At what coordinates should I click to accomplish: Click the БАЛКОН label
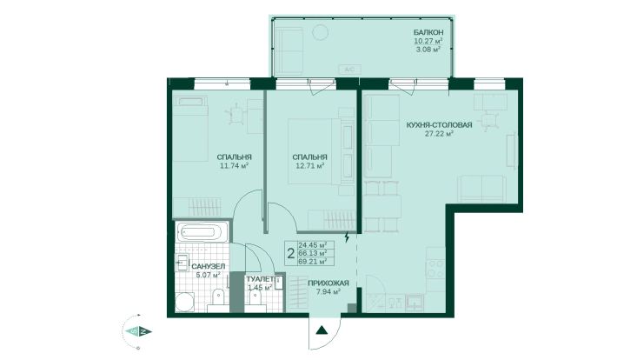coord(428,32)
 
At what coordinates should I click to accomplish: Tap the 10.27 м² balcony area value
coord(428,41)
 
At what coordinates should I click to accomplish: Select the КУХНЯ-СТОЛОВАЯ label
coord(440,125)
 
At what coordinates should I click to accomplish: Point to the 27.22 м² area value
coord(439,134)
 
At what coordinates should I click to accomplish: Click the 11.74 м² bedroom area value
coord(234,166)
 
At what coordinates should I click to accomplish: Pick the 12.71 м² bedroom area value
coord(309,166)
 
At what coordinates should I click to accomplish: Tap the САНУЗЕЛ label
coord(209,267)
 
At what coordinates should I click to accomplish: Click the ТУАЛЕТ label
coord(260,279)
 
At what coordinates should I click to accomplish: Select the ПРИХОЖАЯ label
coord(328,283)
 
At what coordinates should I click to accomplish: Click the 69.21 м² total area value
coord(313,261)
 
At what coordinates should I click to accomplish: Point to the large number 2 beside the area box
coord(291,253)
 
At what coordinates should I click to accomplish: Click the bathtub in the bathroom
coord(202,232)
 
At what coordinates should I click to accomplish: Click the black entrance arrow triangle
coord(322,330)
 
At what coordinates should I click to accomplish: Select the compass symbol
coord(137,331)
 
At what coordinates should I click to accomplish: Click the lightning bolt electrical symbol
coord(347,237)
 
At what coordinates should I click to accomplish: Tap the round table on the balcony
coord(321,32)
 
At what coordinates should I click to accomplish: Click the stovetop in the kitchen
coord(436,269)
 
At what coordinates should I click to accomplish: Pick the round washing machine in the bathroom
coord(185,302)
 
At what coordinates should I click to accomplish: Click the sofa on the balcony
coord(290,51)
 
